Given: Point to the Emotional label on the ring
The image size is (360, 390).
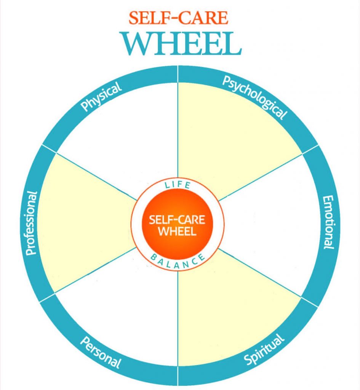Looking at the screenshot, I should (x=328, y=223).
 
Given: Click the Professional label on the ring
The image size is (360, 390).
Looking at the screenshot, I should (x=32, y=223).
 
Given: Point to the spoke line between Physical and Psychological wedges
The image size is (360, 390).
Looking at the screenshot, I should (x=178, y=126).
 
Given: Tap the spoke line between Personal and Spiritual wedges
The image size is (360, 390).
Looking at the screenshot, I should (x=178, y=324).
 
